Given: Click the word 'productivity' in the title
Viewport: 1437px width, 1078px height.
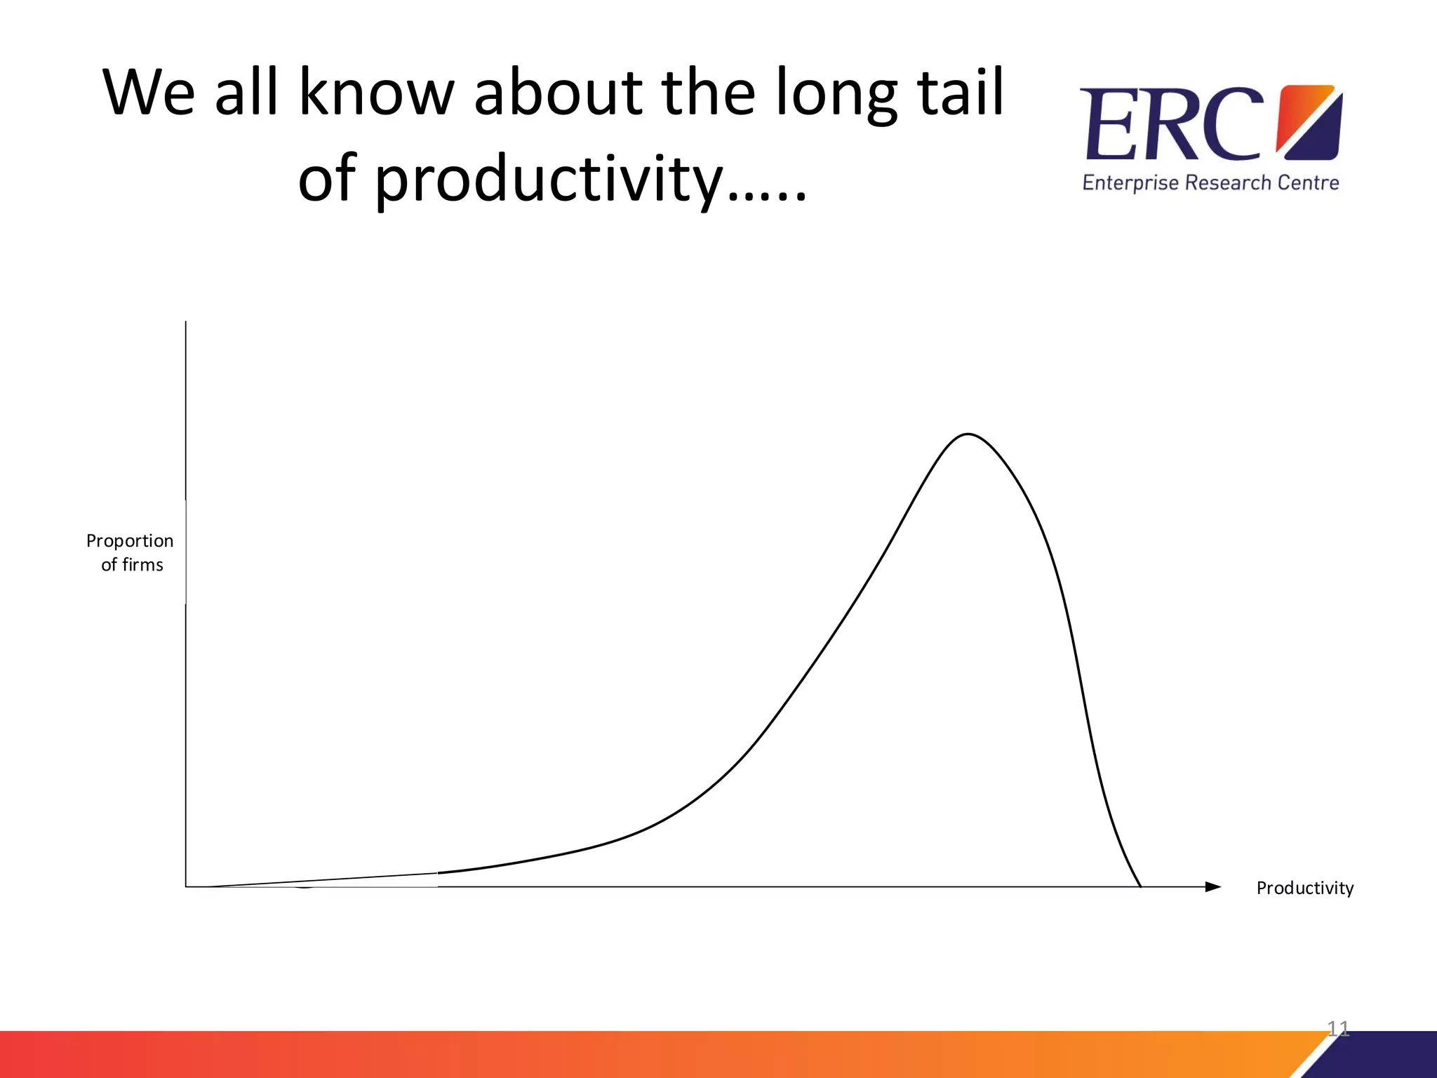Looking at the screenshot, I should point(512,179).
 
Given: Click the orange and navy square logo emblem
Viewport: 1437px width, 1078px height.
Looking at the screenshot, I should point(1309,122).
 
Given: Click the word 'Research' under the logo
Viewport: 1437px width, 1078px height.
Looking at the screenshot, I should point(1228,183).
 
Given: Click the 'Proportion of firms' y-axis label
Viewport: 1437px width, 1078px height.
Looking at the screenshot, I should point(131,552).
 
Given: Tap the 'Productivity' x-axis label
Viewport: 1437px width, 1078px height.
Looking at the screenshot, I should point(1304,889).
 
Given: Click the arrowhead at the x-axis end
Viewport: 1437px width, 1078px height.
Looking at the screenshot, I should point(1213,887).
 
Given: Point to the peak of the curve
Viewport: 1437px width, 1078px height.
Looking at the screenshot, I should point(968,434).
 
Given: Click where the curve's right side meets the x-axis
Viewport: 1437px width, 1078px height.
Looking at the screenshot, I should point(1140,886).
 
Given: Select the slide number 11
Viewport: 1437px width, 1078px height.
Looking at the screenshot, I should point(1338,1029).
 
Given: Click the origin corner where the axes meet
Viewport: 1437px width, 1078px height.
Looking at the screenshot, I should point(186,887).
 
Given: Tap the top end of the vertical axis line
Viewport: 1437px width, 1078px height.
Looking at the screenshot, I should point(186,323).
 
